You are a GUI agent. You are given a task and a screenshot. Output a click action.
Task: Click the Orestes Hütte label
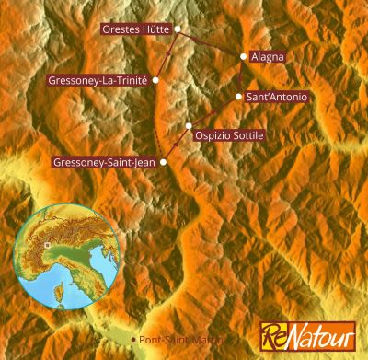point(134,29)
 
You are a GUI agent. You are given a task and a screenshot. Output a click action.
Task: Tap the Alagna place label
point(268,56)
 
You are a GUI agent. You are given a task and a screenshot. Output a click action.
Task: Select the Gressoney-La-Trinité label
point(98,80)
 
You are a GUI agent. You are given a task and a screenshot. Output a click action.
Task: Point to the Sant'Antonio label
point(277,97)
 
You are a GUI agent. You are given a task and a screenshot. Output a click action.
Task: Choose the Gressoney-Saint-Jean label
point(105,163)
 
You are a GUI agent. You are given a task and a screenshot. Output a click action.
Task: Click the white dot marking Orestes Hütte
point(176,29)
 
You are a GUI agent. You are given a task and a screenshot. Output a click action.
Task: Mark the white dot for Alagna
point(243,56)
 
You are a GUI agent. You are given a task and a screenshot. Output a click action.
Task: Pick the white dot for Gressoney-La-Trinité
point(155,80)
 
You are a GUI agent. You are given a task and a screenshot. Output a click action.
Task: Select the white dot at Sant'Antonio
point(239,97)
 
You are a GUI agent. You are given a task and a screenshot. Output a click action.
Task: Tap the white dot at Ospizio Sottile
point(189,126)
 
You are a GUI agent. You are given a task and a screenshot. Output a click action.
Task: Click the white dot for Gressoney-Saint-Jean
point(164,163)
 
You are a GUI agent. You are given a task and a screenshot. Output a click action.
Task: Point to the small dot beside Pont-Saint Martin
point(135,340)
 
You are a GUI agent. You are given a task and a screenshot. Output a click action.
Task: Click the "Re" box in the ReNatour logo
point(273,335)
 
